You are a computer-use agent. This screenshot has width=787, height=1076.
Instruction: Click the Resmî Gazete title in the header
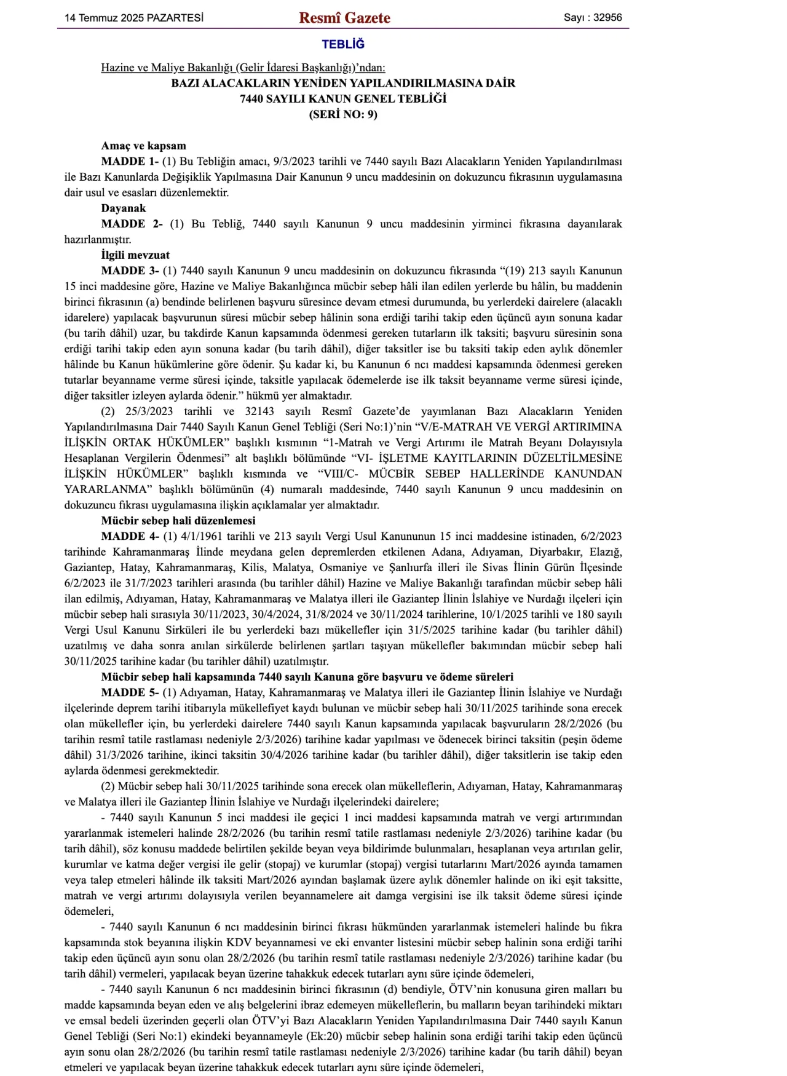click(344, 18)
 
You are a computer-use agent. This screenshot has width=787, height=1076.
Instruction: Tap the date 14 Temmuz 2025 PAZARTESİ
click(134, 18)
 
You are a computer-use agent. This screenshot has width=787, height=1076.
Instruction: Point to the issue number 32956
click(607, 18)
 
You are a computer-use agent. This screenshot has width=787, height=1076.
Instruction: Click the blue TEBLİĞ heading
click(343, 44)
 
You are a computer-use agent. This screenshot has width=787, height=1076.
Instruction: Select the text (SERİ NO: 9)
click(343, 114)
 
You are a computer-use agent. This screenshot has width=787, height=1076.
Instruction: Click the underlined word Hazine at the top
click(117, 68)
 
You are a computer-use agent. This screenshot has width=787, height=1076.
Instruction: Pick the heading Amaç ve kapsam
click(143, 146)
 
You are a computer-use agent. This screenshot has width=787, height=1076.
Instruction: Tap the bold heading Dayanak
click(124, 208)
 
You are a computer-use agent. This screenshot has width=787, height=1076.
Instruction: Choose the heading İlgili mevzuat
click(135, 255)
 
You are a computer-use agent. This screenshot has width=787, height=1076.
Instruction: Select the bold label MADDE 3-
click(130, 271)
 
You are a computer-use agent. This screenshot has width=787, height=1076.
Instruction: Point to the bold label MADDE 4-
click(130, 537)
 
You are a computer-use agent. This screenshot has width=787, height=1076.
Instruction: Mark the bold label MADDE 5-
click(130, 693)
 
